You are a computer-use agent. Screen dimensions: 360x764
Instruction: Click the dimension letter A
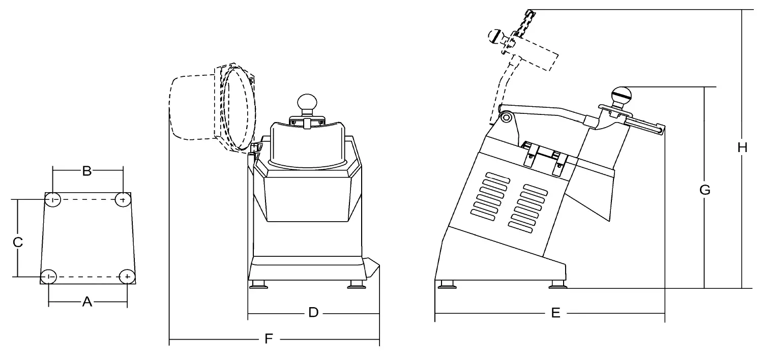tap(87, 302)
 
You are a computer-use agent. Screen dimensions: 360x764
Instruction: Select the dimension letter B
tap(87, 171)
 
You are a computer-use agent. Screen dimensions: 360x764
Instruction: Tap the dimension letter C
tap(17, 243)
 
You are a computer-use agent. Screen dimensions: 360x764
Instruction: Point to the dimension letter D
tap(313, 312)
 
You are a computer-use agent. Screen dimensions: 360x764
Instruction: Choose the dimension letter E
tap(555, 313)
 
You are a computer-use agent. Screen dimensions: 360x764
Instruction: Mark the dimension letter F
tap(270, 338)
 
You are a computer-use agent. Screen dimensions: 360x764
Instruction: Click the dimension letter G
tap(704, 190)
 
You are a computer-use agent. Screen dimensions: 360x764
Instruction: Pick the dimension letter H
tap(742, 147)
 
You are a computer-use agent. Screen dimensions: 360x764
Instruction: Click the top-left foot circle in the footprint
tap(53, 200)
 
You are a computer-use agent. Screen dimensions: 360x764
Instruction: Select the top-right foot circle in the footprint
tap(122, 200)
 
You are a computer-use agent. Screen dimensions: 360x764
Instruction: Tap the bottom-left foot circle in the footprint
tap(48, 276)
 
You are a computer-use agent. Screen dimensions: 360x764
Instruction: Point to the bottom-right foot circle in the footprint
tap(127, 276)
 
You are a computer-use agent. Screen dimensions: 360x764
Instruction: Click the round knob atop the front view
tap(307, 102)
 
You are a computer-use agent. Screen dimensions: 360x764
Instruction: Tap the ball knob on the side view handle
tap(622, 95)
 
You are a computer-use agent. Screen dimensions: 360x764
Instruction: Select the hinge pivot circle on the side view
tap(506, 117)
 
